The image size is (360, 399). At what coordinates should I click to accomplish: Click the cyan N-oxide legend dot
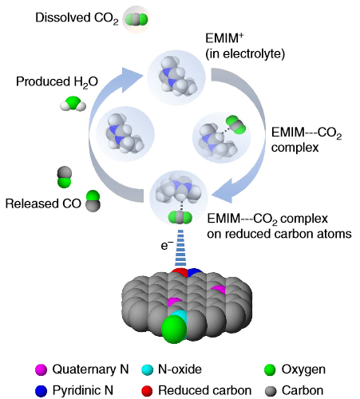pos(146,369)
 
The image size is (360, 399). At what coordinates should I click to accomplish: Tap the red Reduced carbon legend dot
pos(146,389)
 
